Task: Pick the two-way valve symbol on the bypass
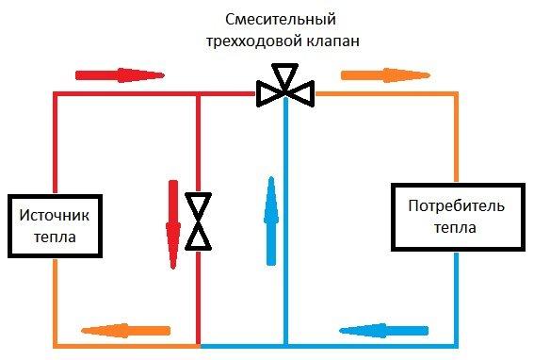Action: [x=198, y=221]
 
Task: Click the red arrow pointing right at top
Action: [x=119, y=74]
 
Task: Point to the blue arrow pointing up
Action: [x=271, y=213]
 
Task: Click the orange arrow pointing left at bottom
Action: [x=126, y=330]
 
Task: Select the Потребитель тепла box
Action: [x=457, y=216]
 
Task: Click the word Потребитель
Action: [x=457, y=205]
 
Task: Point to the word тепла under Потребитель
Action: [x=457, y=227]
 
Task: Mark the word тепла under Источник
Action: [x=56, y=238]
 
